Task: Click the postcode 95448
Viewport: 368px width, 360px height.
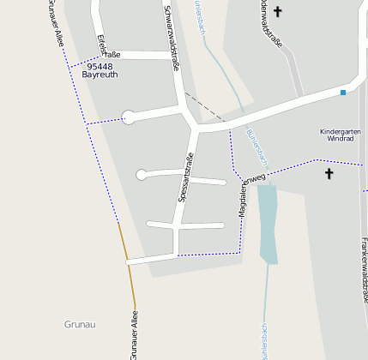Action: tap(100, 66)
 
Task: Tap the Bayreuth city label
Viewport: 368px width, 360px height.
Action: tap(100, 75)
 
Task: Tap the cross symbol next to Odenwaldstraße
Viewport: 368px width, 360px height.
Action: tap(277, 12)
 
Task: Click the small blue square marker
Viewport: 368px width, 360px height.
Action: tap(343, 93)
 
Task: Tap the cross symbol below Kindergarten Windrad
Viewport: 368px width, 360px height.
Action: tap(328, 174)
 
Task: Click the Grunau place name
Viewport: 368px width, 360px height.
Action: tap(80, 324)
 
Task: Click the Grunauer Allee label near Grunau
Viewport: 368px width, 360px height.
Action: tap(134, 334)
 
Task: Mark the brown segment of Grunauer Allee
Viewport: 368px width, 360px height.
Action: tap(127, 266)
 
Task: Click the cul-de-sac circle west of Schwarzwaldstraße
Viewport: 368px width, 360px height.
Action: tap(129, 117)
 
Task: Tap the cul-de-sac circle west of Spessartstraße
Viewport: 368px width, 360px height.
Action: tap(142, 175)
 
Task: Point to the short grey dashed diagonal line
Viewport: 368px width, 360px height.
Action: tap(204, 106)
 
